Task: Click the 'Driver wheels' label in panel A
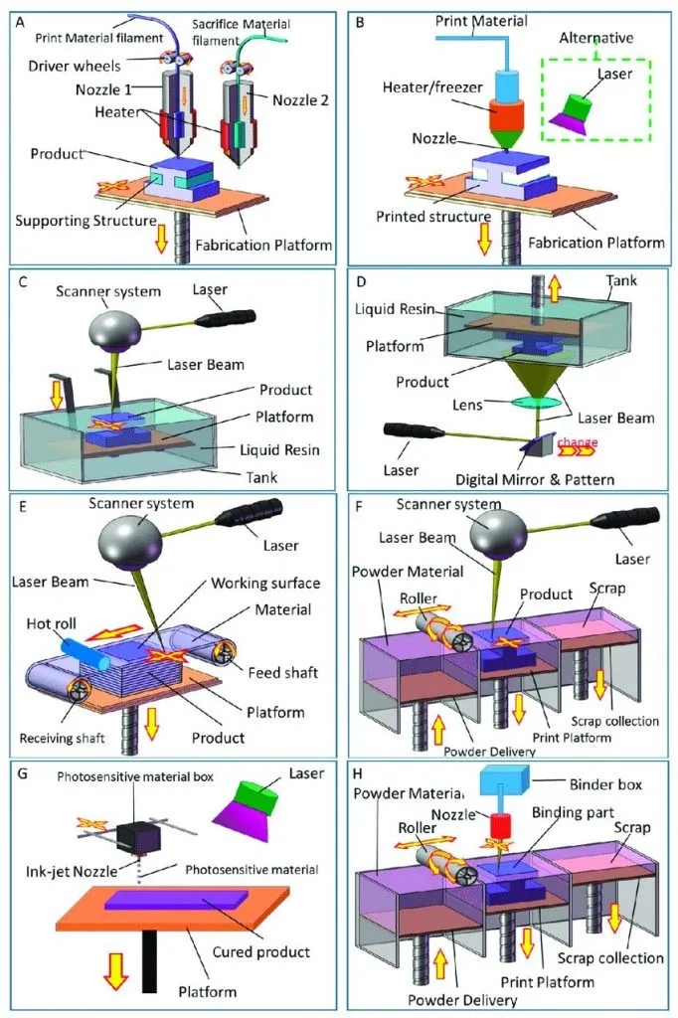pyautogui.click(x=74, y=66)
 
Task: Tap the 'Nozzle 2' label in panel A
pyautogui.click(x=300, y=100)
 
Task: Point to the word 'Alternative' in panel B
pyautogui.click(x=595, y=38)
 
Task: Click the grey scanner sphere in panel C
pyautogui.click(x=114, y=326)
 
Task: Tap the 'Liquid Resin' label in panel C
pyautogui.click(x=279, y=450)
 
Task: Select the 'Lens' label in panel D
pyautogui.click(x=467, y=406)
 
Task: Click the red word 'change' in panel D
pyautogui.click(x=577, y=442)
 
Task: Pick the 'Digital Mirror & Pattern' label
pyautogui.click(x=535, y=480)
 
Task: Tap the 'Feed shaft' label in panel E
pyautogui.click(x=282, y=673)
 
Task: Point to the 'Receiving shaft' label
pyautogui.click(x=62, y=739)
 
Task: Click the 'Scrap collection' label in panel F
pyautogui.click(x=614, y=722)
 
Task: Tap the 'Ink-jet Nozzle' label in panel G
pyautogui.click(x=72, y=871)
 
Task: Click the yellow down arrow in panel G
pyautogui.click(x=115, y=970)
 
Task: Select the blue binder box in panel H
pyautogui.click(x=505, y=779)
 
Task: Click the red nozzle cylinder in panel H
pyautogui.click(x=501, y=826)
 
